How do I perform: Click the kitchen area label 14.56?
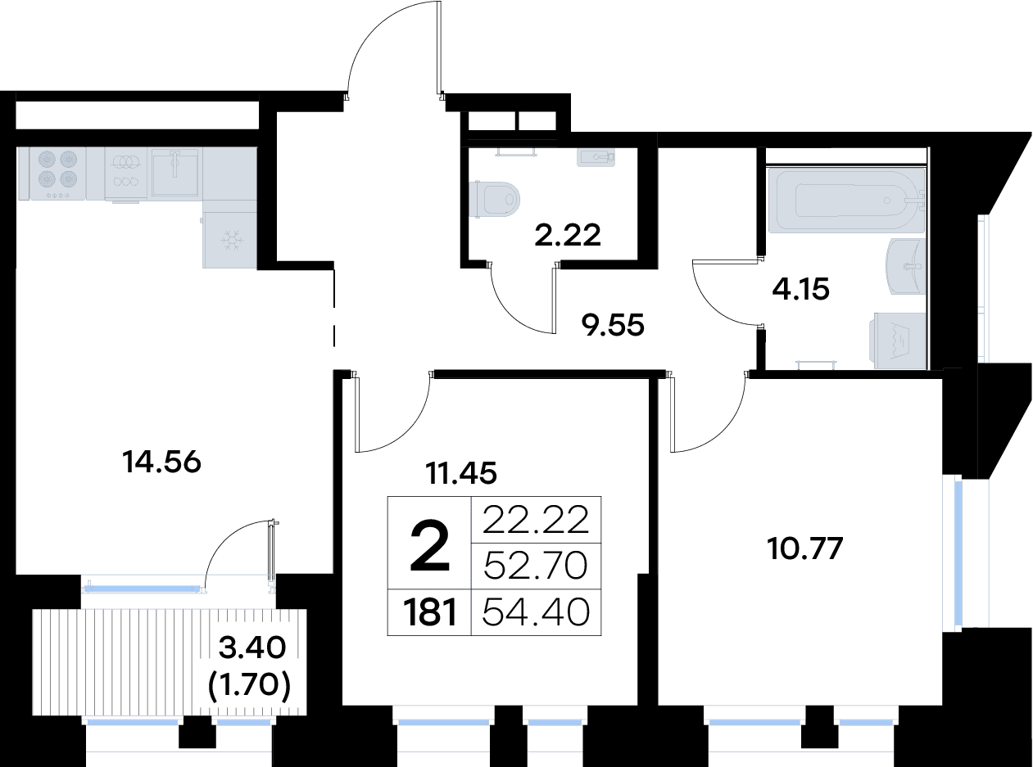(x=161, y=462)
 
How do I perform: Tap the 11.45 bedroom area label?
(x=461, y=473)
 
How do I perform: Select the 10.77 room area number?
(x=804, y=548)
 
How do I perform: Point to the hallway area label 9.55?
(x=613, y=324)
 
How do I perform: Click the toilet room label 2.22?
(x=567, y=235)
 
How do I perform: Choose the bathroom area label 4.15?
(x=800, y=289)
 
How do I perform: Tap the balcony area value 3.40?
(x=252, y=647)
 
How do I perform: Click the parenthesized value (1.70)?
(x=250, y=684)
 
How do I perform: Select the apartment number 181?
(x=429, y=612)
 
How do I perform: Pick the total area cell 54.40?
(x=536, y=612)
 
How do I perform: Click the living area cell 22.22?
(x=536, y=520)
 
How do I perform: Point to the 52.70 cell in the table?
(x=536, y=566)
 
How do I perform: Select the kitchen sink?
(x=175, y=172)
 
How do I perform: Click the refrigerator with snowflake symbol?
(x=229, y=240)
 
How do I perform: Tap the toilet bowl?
(x=494, y=199)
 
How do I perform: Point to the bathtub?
(x=845, y=200)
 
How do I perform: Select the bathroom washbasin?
(x=907, y=266)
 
